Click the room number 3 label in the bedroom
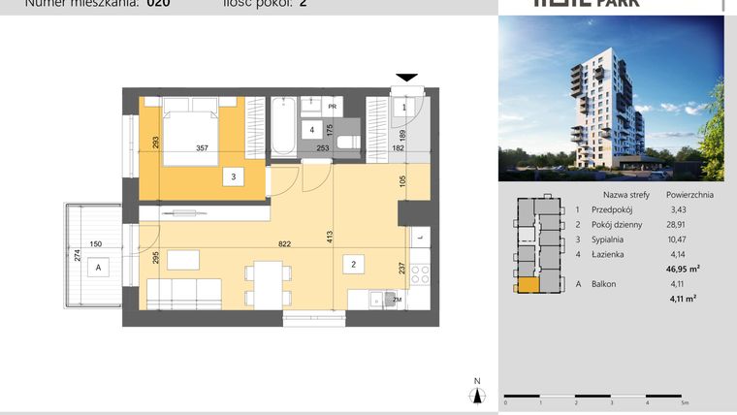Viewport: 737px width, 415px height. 233,176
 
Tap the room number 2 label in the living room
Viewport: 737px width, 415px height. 355,263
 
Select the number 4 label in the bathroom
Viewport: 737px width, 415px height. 311,129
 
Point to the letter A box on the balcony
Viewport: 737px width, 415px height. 95,271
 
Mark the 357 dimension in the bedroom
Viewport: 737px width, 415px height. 202,149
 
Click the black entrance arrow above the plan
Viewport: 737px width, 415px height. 407,78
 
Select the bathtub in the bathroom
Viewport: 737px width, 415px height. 283,128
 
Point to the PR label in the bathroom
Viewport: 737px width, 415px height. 332,107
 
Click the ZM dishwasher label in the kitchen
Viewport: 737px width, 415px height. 397,300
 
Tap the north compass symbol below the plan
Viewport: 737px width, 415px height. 476,392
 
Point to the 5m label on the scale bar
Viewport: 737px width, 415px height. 685,401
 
